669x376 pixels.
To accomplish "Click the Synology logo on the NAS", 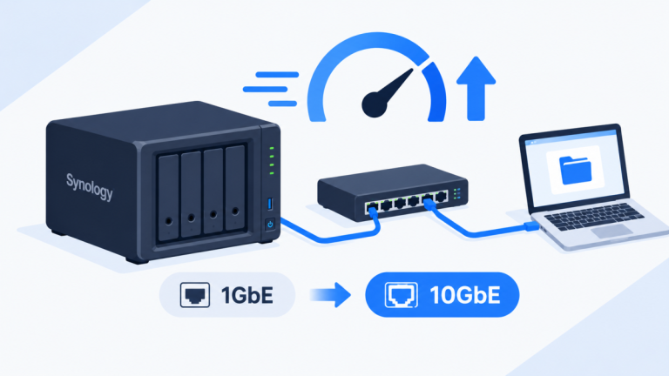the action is click(x=90, y=187).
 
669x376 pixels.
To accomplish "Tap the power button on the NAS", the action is click(x=270, y=224).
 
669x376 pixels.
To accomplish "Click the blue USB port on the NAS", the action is click(x=270, y=204).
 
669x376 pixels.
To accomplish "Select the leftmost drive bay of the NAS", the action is click(x=168, y=198).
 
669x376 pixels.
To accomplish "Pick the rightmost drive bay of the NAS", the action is click(x=235, y=188).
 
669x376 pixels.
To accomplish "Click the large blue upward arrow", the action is click(x=476, y=88).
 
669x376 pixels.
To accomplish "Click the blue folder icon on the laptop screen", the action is click(x=575, y=170).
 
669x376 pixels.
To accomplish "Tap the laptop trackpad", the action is click(x=612, y=231).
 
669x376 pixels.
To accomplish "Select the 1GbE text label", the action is click(x=247, y=295).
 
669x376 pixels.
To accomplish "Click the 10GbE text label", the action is click(x=464, y=295).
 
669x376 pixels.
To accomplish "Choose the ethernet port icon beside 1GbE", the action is click(x=195, y=294).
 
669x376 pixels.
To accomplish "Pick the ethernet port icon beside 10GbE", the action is click(x=401, y=294).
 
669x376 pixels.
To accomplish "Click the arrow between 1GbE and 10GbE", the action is click(x=330, y=294).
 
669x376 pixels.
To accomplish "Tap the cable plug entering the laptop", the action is click(x=532, y=226).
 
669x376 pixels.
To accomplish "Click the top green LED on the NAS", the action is click(x=272, y=148).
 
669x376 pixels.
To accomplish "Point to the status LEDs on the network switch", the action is click(x=457, y=194).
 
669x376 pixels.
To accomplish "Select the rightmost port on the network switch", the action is click(x=442, y=197).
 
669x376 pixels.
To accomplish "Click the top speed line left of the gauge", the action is click(x=277, y=75).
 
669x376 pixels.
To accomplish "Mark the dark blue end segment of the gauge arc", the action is click(x=437, y=91).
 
